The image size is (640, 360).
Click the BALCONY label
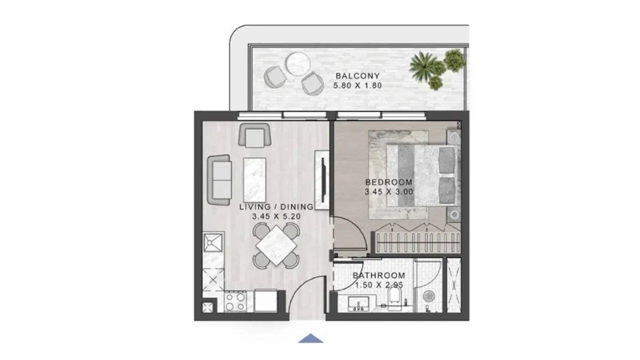point(357,76)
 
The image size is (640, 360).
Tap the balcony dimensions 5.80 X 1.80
point(357,85)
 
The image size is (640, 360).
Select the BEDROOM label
point(389,182)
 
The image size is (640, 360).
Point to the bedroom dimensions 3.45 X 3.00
point(389,191)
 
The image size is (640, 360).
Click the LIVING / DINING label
point(276,207)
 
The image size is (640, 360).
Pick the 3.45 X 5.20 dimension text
point(276,216)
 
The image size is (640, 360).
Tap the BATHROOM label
point(379,275)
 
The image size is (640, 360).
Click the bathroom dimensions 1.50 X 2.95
point(379,285)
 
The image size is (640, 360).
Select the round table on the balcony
point(298,64)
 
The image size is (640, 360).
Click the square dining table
point(276,246)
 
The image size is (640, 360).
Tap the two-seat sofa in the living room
point(219,180)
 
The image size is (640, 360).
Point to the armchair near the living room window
point(254,135)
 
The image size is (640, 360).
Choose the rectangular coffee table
point(254,180)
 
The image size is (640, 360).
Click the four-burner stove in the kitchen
point(235,301)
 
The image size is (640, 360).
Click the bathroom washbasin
point(358,303)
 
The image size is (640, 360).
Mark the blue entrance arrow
point(310,338)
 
